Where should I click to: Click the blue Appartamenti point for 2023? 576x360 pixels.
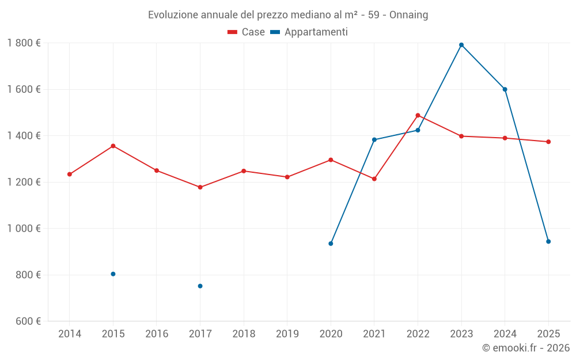pos(461,45)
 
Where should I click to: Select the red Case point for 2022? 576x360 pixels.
pos(418,115)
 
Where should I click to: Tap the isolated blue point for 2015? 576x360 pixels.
pos(113,274)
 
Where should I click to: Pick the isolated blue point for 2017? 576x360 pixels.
pos(200,286)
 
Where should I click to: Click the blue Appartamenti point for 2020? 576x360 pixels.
pos(331,244)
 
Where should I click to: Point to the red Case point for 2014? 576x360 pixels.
pos(70,174)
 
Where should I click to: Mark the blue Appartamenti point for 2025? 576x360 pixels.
pos(548,241)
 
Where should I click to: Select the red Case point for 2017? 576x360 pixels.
pos(200,187)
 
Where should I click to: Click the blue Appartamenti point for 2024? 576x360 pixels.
pos(505,89)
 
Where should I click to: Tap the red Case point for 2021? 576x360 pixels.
pos(374,179)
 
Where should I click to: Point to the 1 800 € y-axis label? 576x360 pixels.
pos(24,43)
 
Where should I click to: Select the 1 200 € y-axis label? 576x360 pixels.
pos(24,182)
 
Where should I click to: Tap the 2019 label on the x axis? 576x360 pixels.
pos(287,334)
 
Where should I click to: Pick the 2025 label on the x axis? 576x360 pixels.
pos(548,334)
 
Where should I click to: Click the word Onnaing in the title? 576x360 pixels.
pos(408,15)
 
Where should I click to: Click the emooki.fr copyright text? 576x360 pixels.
pos(525,348)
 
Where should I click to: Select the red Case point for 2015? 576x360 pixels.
pos(113,146)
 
